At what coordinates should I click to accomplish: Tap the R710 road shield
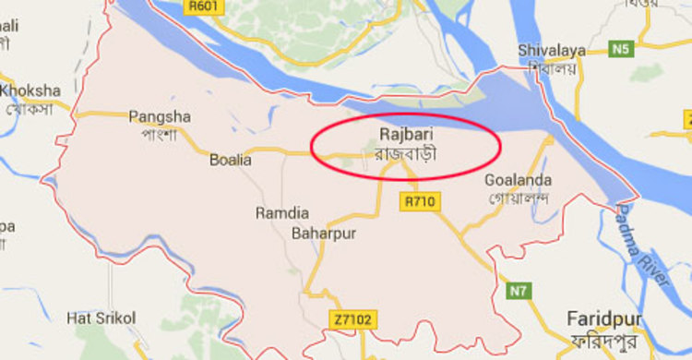click(x=420, y=200)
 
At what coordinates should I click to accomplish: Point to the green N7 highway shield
click(x=519, y=292)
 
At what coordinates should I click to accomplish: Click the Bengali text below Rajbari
click(x=405, y=153)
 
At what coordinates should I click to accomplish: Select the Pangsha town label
click(x=160, y=116)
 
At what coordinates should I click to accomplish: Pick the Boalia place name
click(x=230, y=160)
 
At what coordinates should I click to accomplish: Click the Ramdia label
click(x=282, y=213)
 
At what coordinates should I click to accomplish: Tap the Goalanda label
click(x=518, y=180)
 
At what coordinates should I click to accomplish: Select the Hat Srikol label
click(x=101, y=318)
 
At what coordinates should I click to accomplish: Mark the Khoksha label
click(x=30, y=90)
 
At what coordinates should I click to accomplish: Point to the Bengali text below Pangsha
click(x=160, y=134)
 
